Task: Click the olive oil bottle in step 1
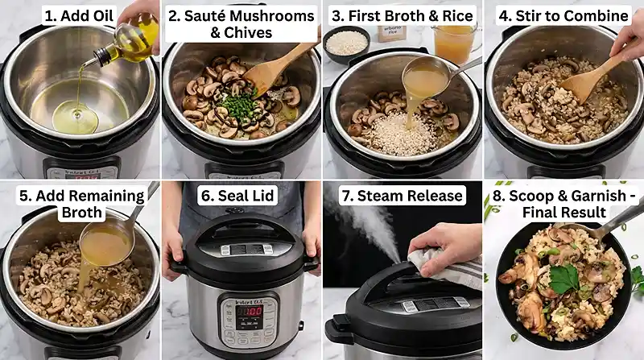click(x=129, y=41)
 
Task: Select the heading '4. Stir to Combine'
click(x=563, y=15)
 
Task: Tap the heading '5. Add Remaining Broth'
click(x=80, y=204)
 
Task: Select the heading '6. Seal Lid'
click(x=241, y=196)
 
